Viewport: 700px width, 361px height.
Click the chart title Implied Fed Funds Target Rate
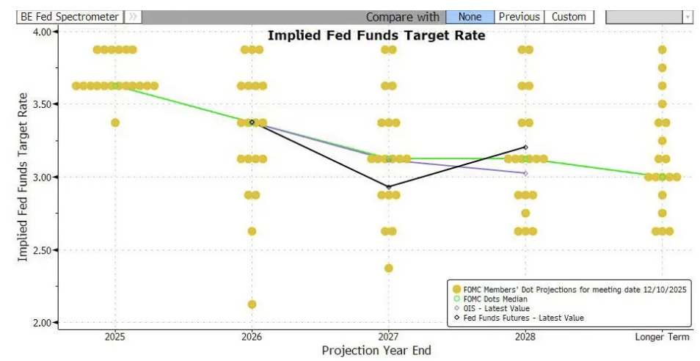(x=376, y=34)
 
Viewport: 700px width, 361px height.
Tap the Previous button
(x=519, y=17)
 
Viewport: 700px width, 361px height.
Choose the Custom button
(x=569, y=17)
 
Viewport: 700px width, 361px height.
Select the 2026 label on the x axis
(x=252, y=337)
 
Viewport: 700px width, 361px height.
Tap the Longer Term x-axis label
(x=663, y=337)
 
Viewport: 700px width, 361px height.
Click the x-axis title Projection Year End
(x=376, y=351)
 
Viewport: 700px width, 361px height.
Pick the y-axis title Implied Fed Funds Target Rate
(x=23, y=177)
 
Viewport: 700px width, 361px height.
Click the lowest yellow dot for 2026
(x=252, y=305)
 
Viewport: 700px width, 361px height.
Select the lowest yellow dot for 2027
(x=389, y=268)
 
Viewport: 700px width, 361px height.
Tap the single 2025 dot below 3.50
(x=115, y=123)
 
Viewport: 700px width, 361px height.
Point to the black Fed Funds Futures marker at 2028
(x=525, y=147)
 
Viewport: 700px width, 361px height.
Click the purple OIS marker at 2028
(x=525, y=173)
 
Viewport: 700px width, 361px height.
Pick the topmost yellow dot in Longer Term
(x=663, y=50)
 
